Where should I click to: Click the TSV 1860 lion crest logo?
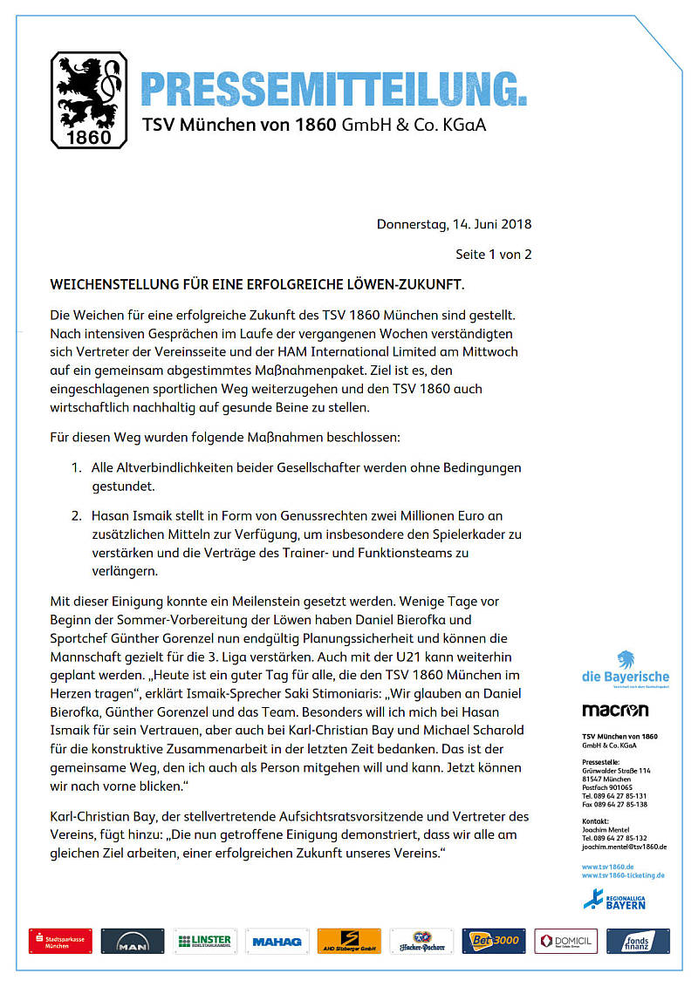pos(89,100)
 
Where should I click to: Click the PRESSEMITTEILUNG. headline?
pos(334,90)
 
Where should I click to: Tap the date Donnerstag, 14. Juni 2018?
pos(454,224)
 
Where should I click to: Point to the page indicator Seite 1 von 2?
pos(493,255)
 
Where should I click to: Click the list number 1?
pos(77,467)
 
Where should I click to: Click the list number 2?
pos(77,516)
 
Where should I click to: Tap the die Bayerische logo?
pos(626,668)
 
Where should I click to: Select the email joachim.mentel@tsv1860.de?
pos(624,847)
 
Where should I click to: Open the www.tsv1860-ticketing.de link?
pos(624,875)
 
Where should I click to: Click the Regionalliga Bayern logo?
pos(615,900)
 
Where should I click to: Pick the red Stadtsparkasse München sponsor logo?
pos(60,942)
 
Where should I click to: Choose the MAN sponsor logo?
pos(133,942)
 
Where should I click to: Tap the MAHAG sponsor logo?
pos(277,942)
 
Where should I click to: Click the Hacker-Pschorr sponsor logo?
pos(421,942)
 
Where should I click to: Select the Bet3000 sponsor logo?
pos(494,942)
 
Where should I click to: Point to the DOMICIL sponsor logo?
pos(565,942)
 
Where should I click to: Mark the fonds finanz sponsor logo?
pos(638,942)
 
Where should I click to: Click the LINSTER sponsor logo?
pos(205,942)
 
